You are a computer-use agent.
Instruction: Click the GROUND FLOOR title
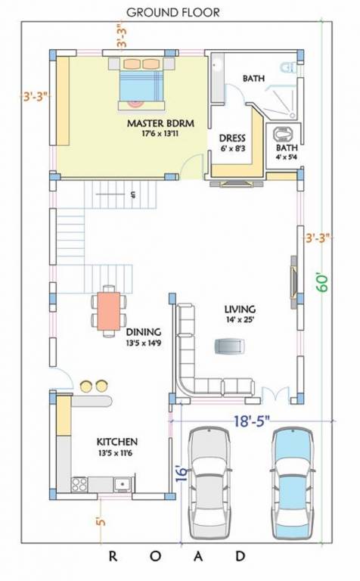click(173, 12)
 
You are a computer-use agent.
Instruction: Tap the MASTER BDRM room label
click(160, 123)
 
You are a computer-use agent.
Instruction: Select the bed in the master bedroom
click(141, 84)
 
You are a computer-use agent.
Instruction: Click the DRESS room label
click(232, 138)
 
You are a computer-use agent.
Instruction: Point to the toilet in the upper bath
click(288, 67)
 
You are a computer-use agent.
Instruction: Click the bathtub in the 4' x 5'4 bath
click(283, 135)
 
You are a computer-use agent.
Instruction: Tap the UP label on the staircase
click(132, 194)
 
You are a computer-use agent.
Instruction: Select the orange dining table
click(108, 311)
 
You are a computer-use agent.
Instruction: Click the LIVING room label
click(240, 309)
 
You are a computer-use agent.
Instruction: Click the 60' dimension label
click(322, 283)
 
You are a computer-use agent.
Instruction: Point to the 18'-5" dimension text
click(252, 421)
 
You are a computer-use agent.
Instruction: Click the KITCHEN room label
click(117, 442)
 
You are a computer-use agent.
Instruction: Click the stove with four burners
click(79, 484)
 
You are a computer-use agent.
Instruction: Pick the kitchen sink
click(123, 484)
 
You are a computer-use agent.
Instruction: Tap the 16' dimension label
click(181, 474)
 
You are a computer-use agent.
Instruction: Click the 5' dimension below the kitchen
click(101, 522)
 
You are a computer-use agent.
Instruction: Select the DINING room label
click(144, 332)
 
